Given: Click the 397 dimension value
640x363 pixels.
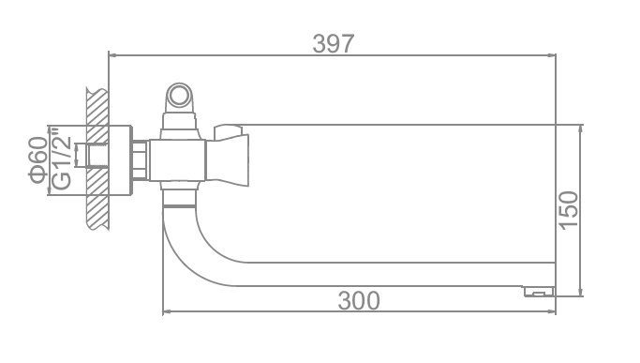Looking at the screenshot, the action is tap(333, 43).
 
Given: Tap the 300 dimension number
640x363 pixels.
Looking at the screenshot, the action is tap(359, 301).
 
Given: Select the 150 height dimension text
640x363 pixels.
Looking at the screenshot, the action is tap(568, 210).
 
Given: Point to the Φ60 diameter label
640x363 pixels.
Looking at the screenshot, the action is tap(38, 159).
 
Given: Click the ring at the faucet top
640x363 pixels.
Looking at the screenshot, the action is tap(178, 97).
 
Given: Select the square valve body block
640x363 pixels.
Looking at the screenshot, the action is tap(177, 160).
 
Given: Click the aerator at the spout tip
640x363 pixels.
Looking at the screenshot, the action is tap(539, 291).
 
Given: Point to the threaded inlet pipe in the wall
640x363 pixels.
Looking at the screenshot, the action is tap(92, 156).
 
